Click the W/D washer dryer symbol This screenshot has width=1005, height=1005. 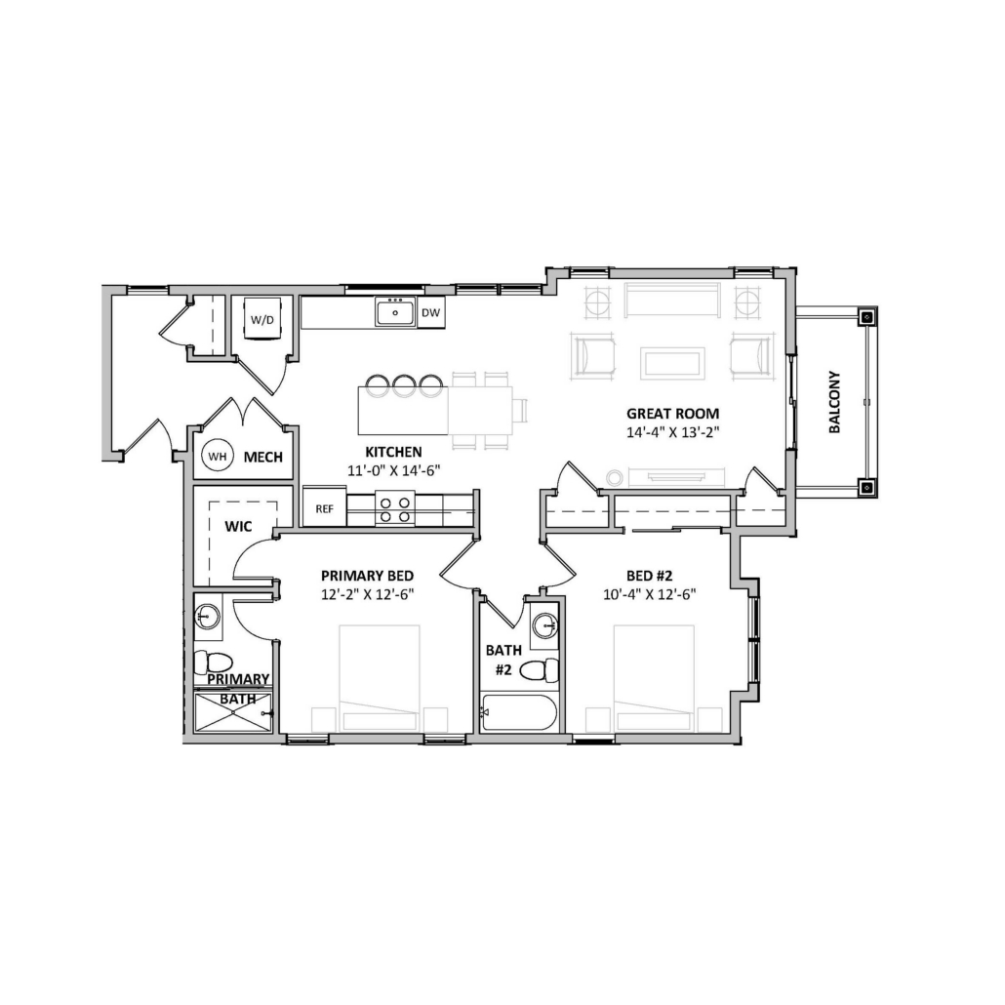tap(261, 318)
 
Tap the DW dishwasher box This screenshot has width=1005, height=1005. tap(430, 313)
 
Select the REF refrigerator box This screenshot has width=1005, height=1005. tap(324, 507)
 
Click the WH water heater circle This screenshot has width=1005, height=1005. tap(218, 457)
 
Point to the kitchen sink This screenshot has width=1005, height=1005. tap(395, 313)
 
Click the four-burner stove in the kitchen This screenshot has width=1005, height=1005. tap(395, 508)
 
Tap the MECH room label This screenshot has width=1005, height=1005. tap(262, 457)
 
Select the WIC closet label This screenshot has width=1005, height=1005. tap(238, 527)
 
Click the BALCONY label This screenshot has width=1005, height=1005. tap(834, 402)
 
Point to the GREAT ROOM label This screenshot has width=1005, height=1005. tap(673, 414)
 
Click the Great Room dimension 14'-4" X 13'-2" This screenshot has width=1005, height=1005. tap(673, 432)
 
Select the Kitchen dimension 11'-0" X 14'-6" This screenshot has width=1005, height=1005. tap(393, 470)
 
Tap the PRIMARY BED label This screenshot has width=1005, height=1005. tap(367, 576)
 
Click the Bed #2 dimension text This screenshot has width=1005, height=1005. tap(649, 594)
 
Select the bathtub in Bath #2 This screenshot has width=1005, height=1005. tap(518, 712)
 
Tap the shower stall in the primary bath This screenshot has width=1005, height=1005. tap(233, 712)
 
